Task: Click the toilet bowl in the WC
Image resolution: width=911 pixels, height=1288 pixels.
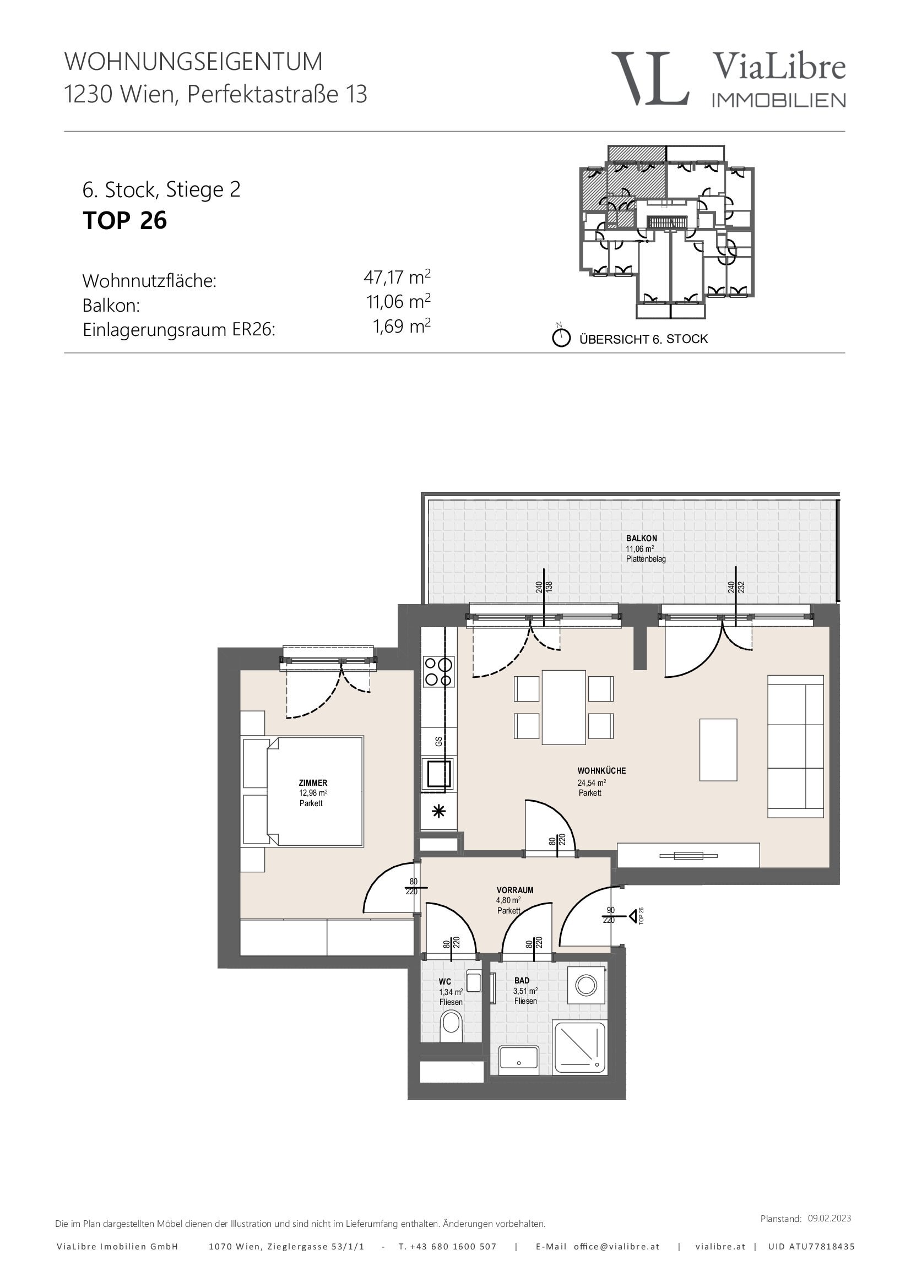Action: point(451,1026)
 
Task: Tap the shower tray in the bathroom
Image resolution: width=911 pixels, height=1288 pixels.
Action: point(579,1048)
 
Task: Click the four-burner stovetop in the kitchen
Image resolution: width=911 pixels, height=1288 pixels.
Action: point(438,671)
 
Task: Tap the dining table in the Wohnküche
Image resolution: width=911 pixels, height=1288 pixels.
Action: point(564,708)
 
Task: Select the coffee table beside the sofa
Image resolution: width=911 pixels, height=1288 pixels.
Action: point(718,750)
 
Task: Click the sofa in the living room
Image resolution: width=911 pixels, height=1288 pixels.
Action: point(795,746)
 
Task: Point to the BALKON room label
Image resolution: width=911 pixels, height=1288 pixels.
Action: point(642,538)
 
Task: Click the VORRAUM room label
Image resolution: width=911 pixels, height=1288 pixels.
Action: point(515,890)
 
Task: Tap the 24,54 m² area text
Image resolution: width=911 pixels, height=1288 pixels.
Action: point(592,782)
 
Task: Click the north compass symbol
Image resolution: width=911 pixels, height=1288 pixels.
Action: point(561,338)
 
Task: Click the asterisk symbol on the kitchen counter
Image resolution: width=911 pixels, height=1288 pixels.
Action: point(438,811)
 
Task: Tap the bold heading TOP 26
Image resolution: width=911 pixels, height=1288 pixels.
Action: point(124,220)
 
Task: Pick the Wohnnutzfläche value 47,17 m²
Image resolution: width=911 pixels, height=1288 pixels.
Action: point(397,277)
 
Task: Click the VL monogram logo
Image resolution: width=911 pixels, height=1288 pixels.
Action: point(650,79)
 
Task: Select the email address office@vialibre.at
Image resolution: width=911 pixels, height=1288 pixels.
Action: point(616,1247)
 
